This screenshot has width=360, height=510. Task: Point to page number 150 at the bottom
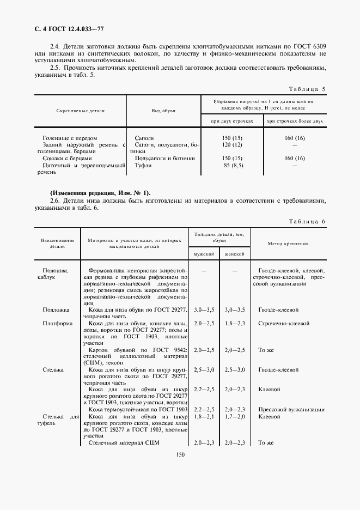[x=180, y=455]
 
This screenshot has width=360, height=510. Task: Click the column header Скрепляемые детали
[x=80, y=111]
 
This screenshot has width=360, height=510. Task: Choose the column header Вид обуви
[x=163, y=111]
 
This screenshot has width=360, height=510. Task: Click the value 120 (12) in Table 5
[x=232, y=146]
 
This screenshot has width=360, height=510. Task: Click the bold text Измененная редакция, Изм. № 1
[x=100, y=193]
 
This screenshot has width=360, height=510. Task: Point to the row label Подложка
[x=56, y=309]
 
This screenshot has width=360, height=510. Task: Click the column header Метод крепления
[x=289, y=244]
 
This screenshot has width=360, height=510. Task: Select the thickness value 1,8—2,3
[x=235, y=323]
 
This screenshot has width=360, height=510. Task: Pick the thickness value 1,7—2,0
[x=235, y=416]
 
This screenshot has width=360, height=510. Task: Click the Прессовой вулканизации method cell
[x=291, y=409]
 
